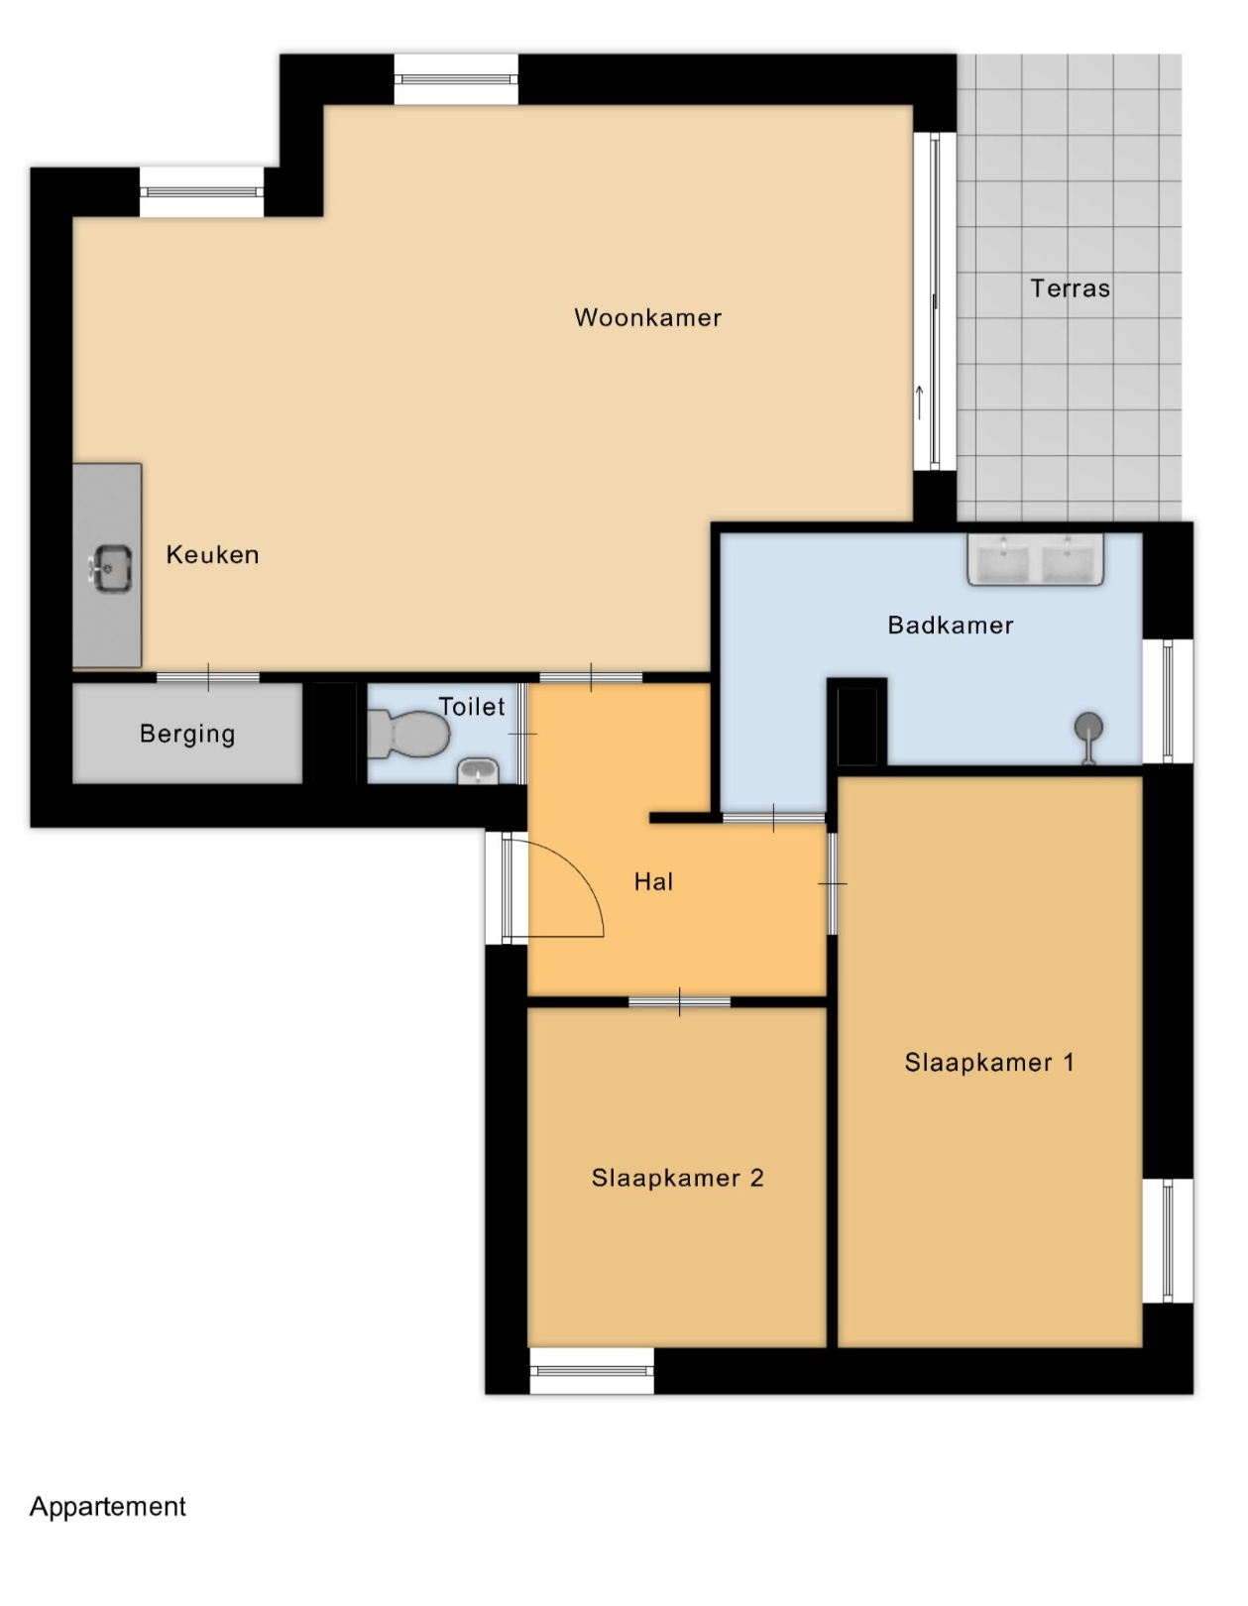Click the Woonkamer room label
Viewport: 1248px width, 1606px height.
[x=647, y=318]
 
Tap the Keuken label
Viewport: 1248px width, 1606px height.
[x=213, y=554]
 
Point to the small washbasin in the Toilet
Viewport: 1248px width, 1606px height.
[x=478, y=771]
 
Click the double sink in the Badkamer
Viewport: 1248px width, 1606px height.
[x=1036, y=559]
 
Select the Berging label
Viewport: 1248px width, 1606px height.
[x=187, y=734]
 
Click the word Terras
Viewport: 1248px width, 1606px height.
[x=1070, y=288]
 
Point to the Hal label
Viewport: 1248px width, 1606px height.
[x=654, y=881]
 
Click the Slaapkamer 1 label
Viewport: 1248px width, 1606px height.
[x=989, y=1063]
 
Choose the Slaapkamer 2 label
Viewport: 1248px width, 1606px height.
[x=678, y=1178]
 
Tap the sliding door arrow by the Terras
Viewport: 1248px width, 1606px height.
[x=920, y=402]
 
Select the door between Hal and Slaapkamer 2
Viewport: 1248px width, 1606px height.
[x=680, y=1002]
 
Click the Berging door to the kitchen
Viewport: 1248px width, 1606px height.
[x=207, y=678]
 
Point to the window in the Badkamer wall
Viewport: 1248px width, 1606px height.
[x=1168, y=701]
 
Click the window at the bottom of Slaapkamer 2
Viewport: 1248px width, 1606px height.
[x=592, y=1371]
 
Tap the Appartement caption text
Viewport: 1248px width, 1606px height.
[x=108, y=1506]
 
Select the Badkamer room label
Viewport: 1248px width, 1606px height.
[x=951, y=626]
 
